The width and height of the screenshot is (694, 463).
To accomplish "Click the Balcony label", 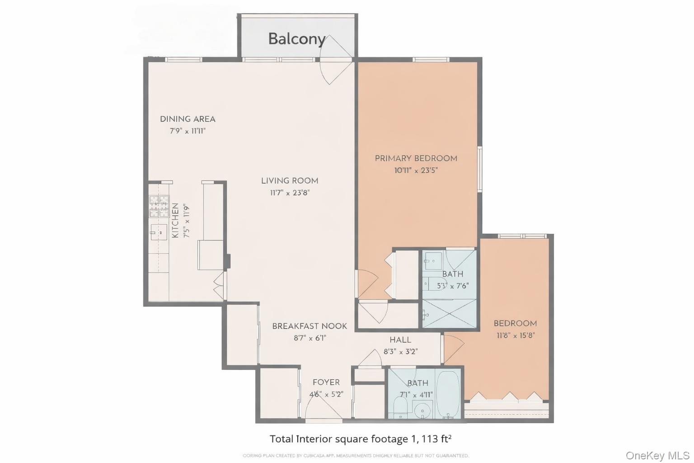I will click(x=296, y=39).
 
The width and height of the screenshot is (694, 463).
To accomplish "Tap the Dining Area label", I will click(x=188, y=119).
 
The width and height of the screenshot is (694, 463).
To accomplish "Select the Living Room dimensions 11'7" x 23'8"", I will click(x=290, y=193).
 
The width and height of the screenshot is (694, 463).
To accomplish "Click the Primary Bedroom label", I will click(x=416, y=158).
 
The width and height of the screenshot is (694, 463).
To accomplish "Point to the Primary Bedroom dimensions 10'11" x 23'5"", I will click(x=416, y=170).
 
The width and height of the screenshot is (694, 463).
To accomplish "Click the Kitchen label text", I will click(x=175, y=220).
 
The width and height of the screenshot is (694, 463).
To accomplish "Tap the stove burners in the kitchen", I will click(x=159, y=206).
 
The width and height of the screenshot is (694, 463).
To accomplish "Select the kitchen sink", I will click(x=159, y=232).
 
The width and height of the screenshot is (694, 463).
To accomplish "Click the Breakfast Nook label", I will click(x=309, y=326).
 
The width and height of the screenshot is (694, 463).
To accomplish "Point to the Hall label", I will click(x=400, y=340).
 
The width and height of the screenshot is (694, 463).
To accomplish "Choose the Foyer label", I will click(x=326, y=382).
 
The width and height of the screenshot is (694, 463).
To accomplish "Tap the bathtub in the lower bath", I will click(x=448, y=394).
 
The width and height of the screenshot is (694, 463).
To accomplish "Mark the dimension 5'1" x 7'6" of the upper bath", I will click(x=453, y=286).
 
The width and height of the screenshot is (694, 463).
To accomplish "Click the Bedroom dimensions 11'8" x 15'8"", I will click(x=515, y=335).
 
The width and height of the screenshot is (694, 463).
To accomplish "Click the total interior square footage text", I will click(x=361, y=439).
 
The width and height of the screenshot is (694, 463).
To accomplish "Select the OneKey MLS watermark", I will click(x=657, y=455).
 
